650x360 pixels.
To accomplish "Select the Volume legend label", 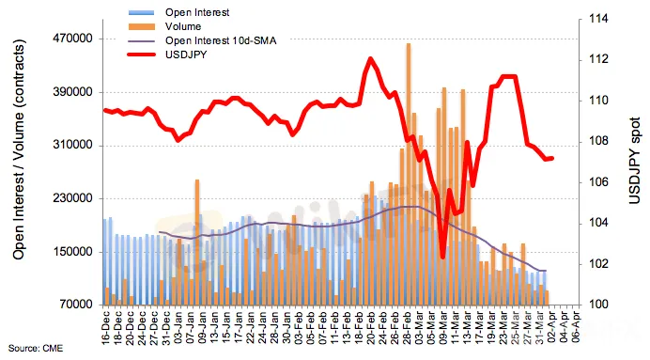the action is (183, 26).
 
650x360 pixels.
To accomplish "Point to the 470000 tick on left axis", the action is (72, 39).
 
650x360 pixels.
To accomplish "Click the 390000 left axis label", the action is (72, 92).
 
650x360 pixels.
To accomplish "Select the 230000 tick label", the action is (72, 198).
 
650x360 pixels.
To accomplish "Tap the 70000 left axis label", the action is (75, 305).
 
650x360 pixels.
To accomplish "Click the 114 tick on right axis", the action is (598, 19).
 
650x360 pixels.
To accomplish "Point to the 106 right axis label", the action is (598, 182).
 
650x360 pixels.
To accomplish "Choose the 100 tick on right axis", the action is (598, 305).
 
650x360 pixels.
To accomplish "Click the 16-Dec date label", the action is (106, 327).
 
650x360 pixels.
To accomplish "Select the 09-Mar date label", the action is (444, 327).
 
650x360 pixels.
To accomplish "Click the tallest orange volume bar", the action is (409, 174).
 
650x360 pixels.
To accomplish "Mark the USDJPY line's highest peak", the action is (370, 59).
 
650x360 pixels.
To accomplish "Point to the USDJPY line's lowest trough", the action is (442, 257).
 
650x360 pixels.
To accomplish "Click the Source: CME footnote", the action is (36, 349).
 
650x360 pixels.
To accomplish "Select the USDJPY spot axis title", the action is (634, 161).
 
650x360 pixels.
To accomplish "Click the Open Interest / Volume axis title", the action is (19, 149).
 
